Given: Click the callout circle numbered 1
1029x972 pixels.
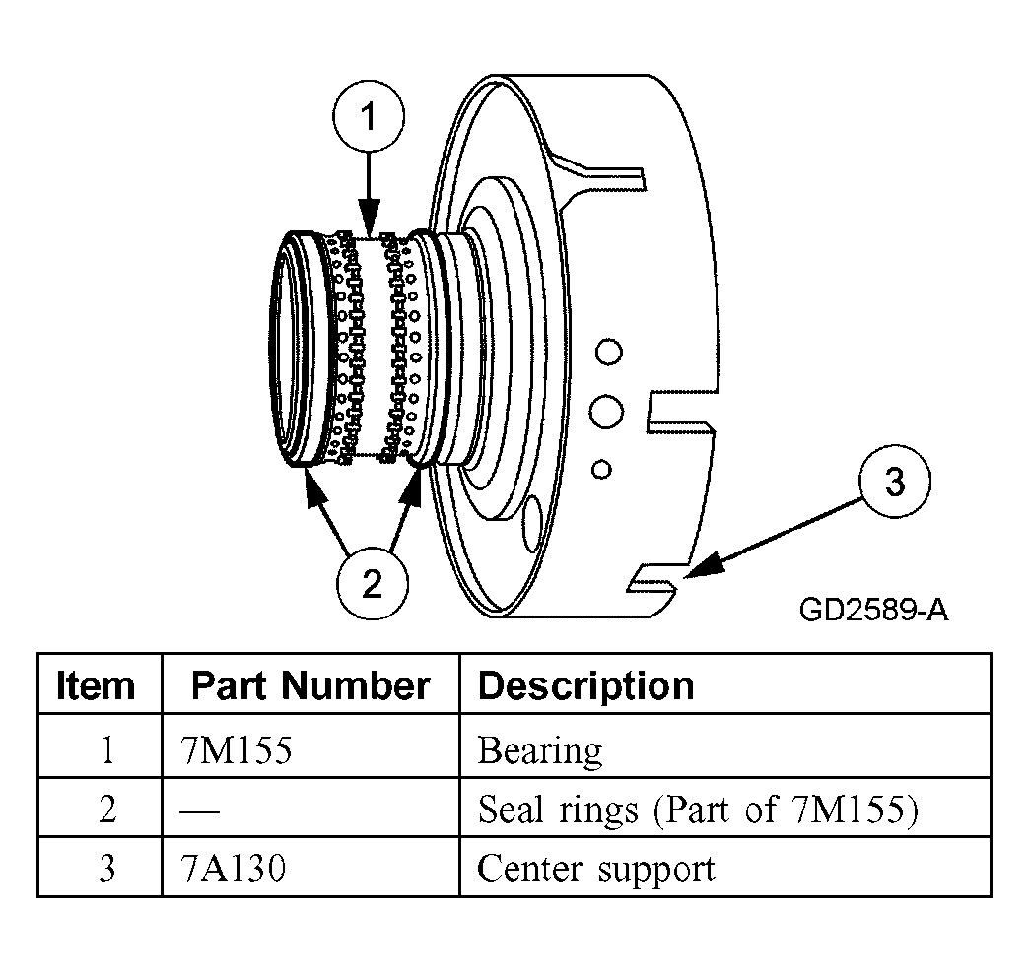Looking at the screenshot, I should pos(368,119).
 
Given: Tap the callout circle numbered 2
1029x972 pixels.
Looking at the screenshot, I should pos(372,585).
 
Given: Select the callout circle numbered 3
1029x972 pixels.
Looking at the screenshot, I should pos(893,485).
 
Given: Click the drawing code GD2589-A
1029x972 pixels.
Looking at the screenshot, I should pos(873,611).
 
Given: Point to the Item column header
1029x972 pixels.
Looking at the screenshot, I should pos(97,685).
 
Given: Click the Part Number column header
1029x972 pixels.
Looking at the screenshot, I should pos(310,685).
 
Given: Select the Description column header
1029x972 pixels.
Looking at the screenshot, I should pos(585,685).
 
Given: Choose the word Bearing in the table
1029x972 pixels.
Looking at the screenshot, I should pos(539,749).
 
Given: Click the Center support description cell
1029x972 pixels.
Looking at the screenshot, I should pos(595,868).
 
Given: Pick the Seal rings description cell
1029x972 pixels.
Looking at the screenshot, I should pos(698,809).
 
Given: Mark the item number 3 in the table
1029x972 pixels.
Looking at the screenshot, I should pos(106,868).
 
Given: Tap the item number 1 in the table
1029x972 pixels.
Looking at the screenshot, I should pos(106,749).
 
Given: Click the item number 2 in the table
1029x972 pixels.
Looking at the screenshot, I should pos(106,809).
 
